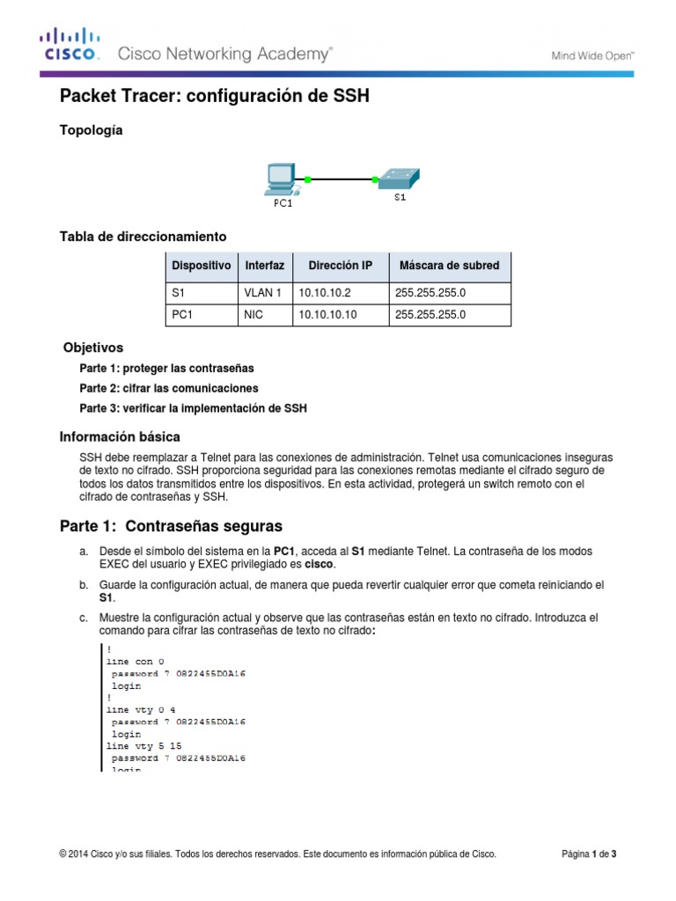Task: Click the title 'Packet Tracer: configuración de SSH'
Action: click(x=214, y=97)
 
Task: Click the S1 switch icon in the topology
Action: click(x=399, y=179)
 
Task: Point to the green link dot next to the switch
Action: click(x=375, y=179)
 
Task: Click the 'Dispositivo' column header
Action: click(x=202, y=265)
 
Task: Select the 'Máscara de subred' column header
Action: click(x=449, y=265)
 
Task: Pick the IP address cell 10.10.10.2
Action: click(x=325, y=293)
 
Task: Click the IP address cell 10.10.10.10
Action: click(x=327, y=314)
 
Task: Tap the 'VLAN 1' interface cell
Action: click(x=262, y=293)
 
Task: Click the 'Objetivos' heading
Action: click(x=93, y=348)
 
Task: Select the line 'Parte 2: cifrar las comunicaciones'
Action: click(x=169, y=388)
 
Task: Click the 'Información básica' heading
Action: click(x=120, y=436)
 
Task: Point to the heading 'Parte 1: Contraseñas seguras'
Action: click(x=171, y=526)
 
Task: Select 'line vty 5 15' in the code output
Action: click(x=143, y=745)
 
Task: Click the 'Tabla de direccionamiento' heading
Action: click(x=143, y=237)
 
